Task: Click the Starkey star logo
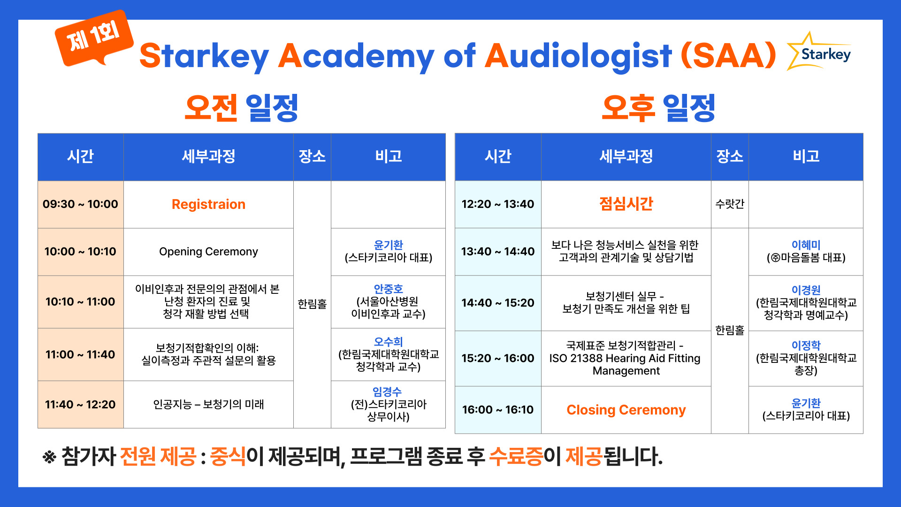coord(819,52)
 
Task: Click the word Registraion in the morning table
coord(208,204)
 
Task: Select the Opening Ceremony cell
coord(208,252)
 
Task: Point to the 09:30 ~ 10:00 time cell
coord(81,204)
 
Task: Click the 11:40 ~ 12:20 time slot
coord(81,404)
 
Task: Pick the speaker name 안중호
coord(388,289)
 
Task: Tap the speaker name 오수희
coord(388,342)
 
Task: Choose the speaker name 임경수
coord(387,392)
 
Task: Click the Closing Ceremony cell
coord(626,410)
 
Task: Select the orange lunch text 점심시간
coord(626,204)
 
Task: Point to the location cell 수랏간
coord(730,204)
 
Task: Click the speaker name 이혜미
coord(806,245)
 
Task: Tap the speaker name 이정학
coord(806,345)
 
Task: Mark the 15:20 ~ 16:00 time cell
coord(498,359)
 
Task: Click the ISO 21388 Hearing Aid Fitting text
coord(625,358)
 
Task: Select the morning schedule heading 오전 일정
coord(241,108)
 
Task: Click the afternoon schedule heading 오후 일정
coord(658,108)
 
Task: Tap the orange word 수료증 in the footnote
coord(516,456)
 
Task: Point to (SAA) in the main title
coord(728,55)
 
